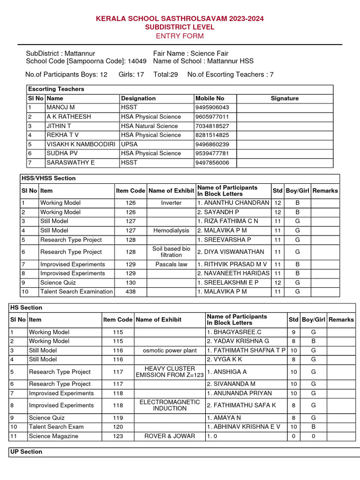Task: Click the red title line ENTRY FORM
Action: [x=180, y=36]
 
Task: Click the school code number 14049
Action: [x=137, y=61]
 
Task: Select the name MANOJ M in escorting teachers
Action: [x=61, y=107]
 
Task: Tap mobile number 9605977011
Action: [x=212, y=117]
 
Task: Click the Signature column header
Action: [x=285, y=98]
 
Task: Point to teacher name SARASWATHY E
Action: [x=70, y=163]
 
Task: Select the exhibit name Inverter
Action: [x=171, y=203]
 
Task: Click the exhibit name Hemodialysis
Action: [x=171, y=231]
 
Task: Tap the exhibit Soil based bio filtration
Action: [x=171, y=252]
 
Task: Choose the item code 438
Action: [x=131, y=292]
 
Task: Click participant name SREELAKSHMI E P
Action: [x=228, y=283]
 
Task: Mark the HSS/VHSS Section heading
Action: [x=48, y=178]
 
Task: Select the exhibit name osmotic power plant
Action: [x=170, y=351]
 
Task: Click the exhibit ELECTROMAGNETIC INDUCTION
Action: [x=170, y=405]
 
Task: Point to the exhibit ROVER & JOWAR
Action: [x=170, y=436]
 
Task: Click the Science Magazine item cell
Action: [x=53, y=436]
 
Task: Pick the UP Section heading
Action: [x=26, y=452]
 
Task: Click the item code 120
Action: [x=118, y=427]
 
